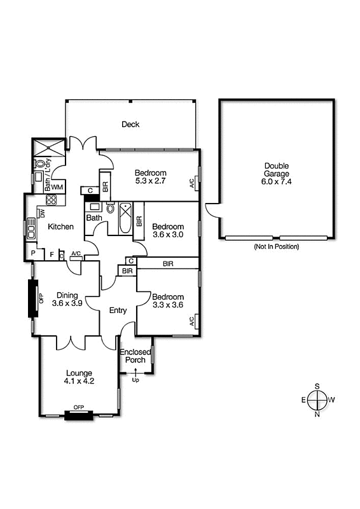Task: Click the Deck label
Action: [130, 124]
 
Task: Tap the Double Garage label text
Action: [277, 173]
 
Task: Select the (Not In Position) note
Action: [276, 246]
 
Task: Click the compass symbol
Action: [317, 400]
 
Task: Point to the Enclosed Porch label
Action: [135, 356]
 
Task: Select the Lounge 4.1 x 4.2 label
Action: [79, 377]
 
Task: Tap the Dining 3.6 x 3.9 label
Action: [67, 300]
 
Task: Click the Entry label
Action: [118, 310]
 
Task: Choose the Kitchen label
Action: [61, 227]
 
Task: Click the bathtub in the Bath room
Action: [125, 218]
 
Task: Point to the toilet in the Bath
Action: [110, 208]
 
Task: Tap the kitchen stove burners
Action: [52, 199]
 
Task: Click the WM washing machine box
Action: [57, 187]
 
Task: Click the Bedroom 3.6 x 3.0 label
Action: [168, 230]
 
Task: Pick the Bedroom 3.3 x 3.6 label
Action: [168, 301]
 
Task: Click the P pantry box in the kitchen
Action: [33, 254]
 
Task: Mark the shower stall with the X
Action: [50, 147]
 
